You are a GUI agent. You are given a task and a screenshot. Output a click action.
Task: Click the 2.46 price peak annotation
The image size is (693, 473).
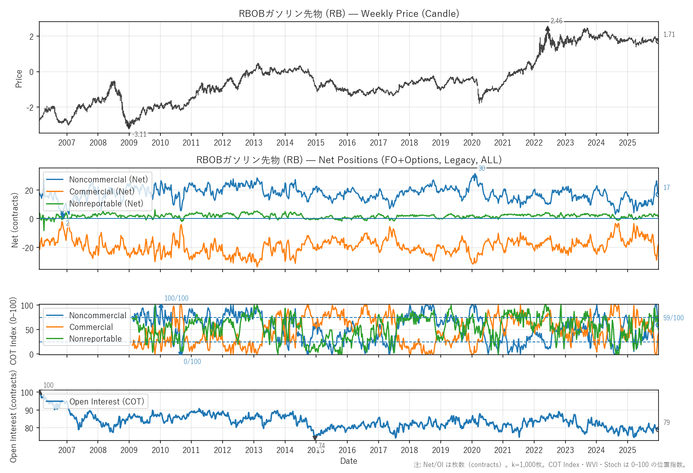point(556,21)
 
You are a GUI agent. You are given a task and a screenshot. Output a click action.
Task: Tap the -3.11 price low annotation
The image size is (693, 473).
point(140,134)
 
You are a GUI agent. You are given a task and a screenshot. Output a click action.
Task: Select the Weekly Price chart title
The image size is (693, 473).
point(349,14)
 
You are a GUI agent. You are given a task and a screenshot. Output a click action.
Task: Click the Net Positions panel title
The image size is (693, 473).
point(349,160)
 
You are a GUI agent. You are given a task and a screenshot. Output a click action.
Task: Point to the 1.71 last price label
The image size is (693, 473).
point(669,34)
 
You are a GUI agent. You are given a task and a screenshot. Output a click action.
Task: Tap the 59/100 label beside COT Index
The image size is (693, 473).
point(673,318)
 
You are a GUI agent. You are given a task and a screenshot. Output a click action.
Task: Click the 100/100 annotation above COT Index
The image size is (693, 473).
point(176,298)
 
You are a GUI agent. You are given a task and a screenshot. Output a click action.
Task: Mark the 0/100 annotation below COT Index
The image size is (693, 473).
point(192,362)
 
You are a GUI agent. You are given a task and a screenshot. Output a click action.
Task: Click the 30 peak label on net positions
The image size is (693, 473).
point(482,168)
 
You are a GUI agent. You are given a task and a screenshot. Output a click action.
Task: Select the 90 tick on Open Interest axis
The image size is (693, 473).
point(27,410)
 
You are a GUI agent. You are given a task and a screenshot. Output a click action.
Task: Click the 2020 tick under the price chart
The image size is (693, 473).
point(472,143)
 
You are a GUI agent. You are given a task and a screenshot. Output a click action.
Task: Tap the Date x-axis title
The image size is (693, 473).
point(349,461)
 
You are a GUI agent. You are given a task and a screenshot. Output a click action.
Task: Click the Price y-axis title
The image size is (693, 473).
point(19,79)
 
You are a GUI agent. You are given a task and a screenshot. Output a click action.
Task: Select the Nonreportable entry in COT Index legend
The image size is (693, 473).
point(95,339)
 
